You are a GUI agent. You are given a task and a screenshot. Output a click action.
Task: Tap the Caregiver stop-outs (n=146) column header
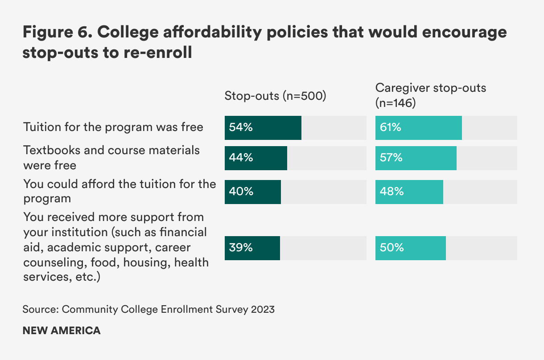tap(430, 95)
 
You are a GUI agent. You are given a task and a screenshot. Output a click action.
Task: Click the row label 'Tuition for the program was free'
tap(113, 127)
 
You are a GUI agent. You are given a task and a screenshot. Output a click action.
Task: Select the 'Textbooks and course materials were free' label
tap(111, 157)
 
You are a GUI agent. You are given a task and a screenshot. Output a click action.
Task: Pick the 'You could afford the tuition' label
tap(120, 191)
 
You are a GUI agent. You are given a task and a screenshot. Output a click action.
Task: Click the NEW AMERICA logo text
tap(62, 331)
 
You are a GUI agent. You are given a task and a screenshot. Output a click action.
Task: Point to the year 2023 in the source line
tap(263, 309)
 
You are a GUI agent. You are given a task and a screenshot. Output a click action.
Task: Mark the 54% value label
tap(241, 128)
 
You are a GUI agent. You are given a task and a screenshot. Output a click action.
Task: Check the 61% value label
tap(391, 128)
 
